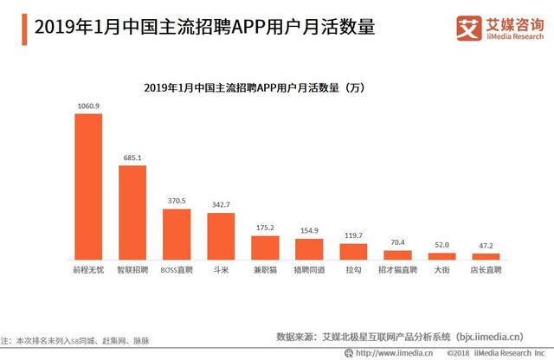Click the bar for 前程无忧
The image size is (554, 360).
tap(87, 186)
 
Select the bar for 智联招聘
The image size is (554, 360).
tap(132, 213)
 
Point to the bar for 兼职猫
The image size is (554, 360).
tap(265, 247)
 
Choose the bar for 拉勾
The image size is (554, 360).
tap(353, 251)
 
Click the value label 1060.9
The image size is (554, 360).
tap(87, 106)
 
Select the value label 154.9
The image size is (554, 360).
tap(309, 231)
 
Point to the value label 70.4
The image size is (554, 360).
tap(397, 242)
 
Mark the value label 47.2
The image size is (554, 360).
tap(486, 246)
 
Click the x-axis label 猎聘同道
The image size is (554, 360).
tap(309, 270)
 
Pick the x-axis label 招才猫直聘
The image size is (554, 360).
tap(397, 270)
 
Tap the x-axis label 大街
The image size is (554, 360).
tap(441, 270)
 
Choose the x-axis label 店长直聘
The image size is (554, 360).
tap(486, 270)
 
